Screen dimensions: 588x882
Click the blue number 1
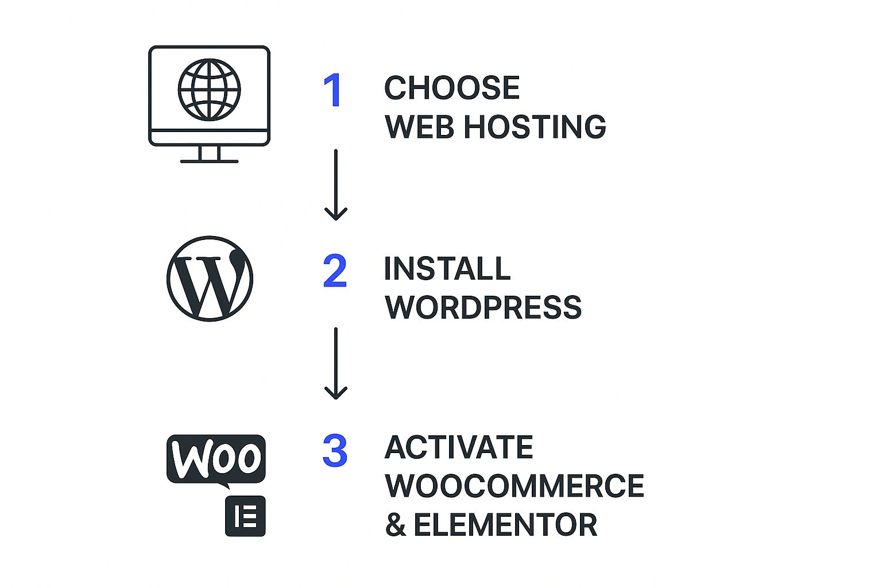[x=334, y=90]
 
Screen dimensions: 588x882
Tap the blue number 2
[x=335, y=271]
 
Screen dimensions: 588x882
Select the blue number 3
[x=335, y=451]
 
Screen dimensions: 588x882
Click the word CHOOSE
[x=452, y=88]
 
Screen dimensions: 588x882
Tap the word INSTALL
[x=447, y=269]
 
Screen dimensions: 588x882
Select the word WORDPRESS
[x=483, y=308]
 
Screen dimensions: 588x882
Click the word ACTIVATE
[x=459, y=447]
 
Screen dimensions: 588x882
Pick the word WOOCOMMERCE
[x=514, y=486]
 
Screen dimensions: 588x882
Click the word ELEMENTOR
[x=505, y=525]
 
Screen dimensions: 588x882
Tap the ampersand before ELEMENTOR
[x=396, y=525]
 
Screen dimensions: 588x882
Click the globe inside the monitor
[x=209, y=90]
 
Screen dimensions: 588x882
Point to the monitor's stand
[x=209, y=154]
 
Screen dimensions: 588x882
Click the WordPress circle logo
[x=210, y=278]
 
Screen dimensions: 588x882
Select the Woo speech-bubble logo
[x=216, y=459]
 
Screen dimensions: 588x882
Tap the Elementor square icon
[x=245, y=516]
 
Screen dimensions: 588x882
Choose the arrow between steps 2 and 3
[x=335, y=363]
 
